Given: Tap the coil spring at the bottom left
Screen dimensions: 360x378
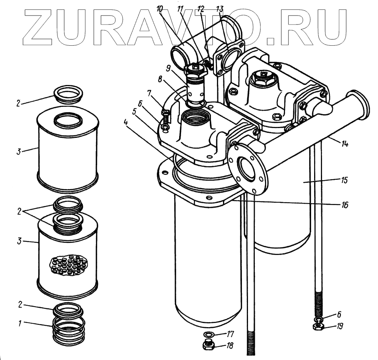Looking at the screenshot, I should (68, 331).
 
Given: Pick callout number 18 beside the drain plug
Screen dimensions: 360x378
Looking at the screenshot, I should (230, 345).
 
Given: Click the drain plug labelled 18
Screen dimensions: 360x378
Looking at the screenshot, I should (208, 345).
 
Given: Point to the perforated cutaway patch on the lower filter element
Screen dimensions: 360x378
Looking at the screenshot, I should (68, 263).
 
